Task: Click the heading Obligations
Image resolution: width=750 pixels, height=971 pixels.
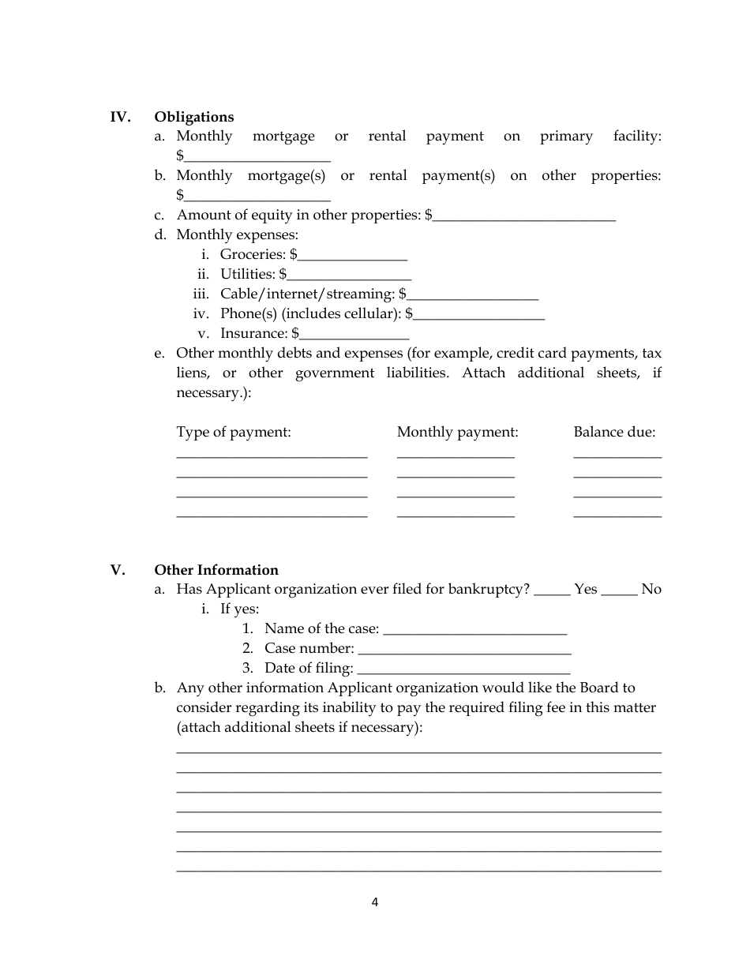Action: tap(193, 117)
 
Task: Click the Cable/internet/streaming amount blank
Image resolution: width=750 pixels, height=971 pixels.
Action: tap(472, 295)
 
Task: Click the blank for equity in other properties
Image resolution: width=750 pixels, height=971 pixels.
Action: tap(524, 216)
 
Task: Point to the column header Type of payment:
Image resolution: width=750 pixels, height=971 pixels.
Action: tap(234, 432)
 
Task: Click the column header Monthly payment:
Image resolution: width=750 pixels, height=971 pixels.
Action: tap(457, 432)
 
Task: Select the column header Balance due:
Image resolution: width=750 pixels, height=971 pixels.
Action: tap(614, 432)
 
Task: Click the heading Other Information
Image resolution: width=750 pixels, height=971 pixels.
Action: tap(216, 570)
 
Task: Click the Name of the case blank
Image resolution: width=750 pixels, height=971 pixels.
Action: tap(474, 631)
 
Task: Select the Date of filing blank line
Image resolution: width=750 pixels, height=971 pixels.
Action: tap(463, 670)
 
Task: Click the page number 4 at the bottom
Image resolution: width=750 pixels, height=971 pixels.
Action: tap(375, 902)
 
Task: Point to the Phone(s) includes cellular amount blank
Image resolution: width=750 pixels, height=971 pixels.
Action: tap(479, 315)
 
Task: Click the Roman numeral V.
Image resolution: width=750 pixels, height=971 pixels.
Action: tap(118, 570)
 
